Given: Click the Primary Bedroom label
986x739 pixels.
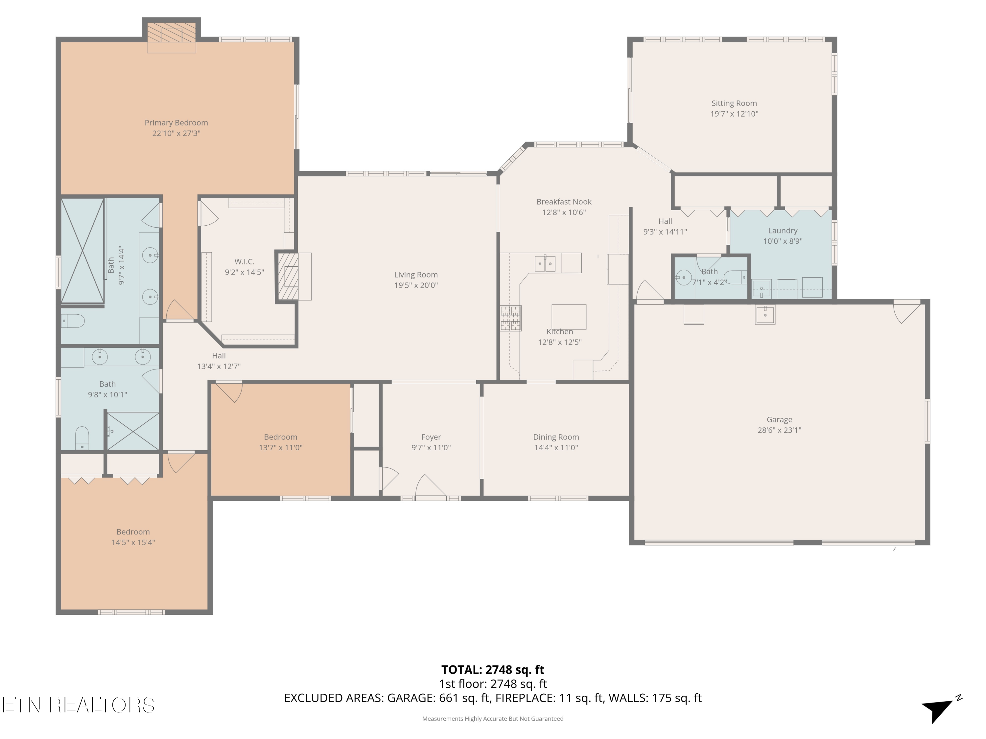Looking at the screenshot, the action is (176, 123).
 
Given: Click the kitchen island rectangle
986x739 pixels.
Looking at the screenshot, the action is (569, 317).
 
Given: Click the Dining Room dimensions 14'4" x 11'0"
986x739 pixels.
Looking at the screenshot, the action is (556, 448).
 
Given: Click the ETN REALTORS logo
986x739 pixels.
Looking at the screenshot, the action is (79, 705).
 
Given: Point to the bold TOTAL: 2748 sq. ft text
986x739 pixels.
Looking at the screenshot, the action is (493, 669).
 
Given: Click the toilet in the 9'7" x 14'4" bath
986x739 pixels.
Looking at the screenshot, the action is (73, 321).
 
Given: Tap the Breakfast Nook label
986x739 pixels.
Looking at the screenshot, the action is (564, 202).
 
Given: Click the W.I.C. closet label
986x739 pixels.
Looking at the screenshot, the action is (244, 261).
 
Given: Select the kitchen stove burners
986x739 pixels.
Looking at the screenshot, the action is (511, 318).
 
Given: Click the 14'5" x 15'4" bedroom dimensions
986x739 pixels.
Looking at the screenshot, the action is (133, 543).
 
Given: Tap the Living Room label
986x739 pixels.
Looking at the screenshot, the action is (416, 275).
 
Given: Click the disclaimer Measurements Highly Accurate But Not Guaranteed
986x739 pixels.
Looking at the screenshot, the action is (493, 719).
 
